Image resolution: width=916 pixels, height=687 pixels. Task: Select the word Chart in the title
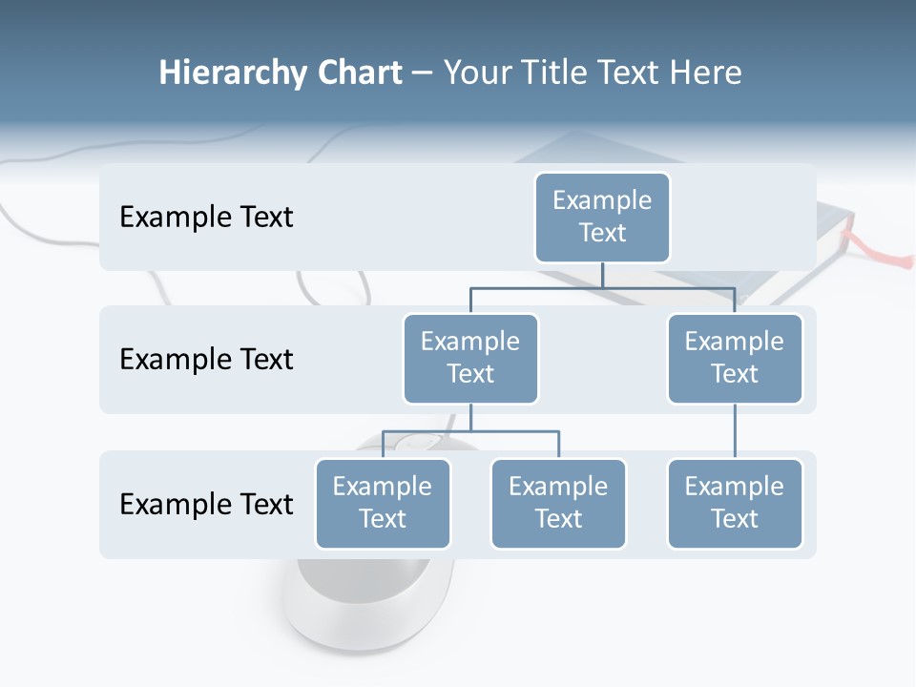(x=358, y=73)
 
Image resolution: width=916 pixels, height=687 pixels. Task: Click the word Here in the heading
(x=704, y=73)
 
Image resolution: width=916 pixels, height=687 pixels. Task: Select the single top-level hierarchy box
(x=602, y=217)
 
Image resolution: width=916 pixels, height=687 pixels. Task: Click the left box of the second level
(x=470, y=358)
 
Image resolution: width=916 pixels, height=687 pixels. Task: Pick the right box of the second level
(x=735, y=358)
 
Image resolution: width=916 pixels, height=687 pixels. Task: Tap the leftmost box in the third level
(x=383, y=503)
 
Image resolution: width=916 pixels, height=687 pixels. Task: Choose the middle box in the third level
(x=558, y=503)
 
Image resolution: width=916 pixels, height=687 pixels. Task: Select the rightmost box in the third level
(x=735, y=503)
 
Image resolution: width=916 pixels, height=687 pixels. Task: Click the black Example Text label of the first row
(x=206, y=217)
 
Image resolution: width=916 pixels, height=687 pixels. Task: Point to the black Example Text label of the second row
(x=206, y=359)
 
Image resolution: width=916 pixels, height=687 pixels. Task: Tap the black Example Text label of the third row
(x=206, y=504)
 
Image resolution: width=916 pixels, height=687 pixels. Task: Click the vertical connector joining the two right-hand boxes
(x=735, y=431)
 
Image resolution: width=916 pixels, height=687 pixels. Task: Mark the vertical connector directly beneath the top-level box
(x=602, y=275)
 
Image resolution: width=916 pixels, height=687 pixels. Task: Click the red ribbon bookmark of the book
(x=887, y=256)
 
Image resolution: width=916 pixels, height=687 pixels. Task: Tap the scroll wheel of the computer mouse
(x=420, y=442)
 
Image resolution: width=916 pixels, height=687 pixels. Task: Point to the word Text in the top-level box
(x=602, y=233)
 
